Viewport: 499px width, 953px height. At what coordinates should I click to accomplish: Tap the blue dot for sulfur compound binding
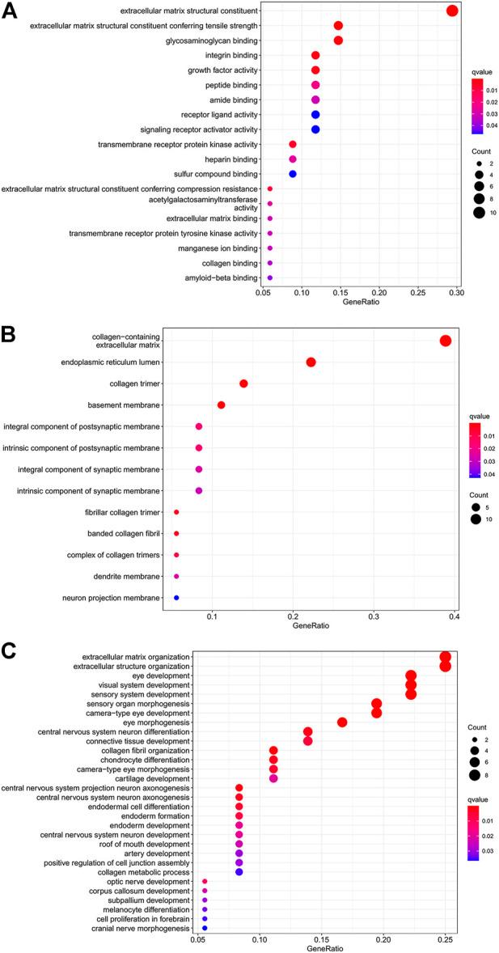pyautogui.click(x=293, y=174)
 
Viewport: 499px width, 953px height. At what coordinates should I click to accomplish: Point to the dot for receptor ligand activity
pyautogui.click(x=315, y=115)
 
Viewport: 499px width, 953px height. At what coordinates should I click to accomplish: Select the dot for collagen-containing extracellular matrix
pyautogui.click(x=445, y=341)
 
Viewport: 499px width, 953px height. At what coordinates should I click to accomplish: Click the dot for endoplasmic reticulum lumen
pyautogui.click(x=311, y=362)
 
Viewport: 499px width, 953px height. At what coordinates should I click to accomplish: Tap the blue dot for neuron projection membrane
pyautogui.click(x=176, y=598)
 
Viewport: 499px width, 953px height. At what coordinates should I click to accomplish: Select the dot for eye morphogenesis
pyautogui.click(x=342, y=722)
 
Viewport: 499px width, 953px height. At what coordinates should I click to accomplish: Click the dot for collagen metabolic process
pyautogui.click(x=239, y=872)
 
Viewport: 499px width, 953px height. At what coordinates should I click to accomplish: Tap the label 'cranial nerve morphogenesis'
pyautogui.click(x=143, y=929)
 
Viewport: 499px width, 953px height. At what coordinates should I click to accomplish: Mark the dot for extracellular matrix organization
pyautogui.click(x=445, y=657)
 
